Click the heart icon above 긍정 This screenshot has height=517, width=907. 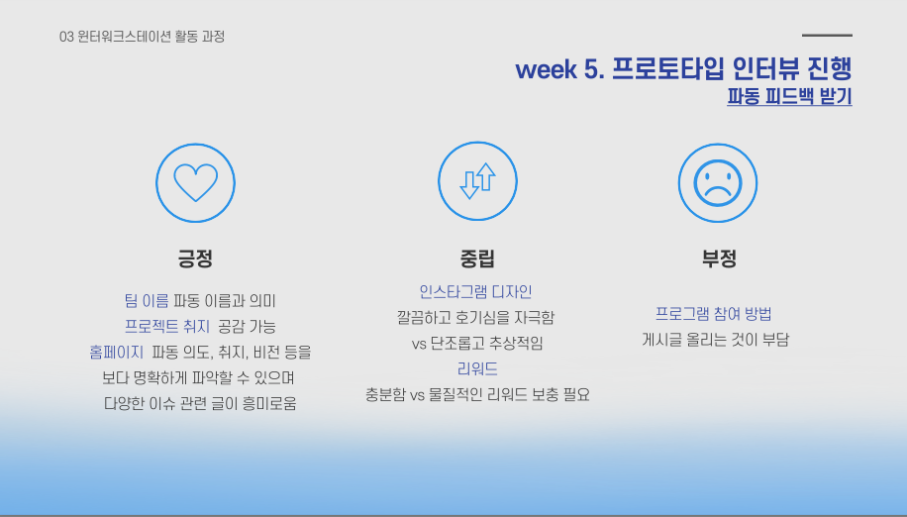pyautogui.click(x=195, y=182)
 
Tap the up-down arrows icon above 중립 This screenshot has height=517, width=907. pyautogui.click(x=477, y=181)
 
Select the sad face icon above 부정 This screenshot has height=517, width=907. pyautogui.click(x=718, y=182)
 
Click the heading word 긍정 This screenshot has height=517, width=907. pyautogui.click(x=195, y=259)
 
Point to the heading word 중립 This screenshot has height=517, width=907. pyautogui.click(x=477, y=259)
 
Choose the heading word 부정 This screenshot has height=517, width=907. pyautogui.click(x=719, y=259)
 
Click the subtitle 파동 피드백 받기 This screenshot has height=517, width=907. pyautogui.click(x=789, y=98)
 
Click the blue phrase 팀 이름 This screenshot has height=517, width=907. pyautogui.click(x=147, y=300)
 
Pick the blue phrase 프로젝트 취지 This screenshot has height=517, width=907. pyautogui.click(x=166, y=326)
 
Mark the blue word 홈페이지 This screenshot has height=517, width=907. pyautogui.click(x=116, y=352)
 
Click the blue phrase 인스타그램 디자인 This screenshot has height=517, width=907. pyautogui.click(x=475, y=291)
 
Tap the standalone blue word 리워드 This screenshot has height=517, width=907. pyautogui.click(x=477, y=368)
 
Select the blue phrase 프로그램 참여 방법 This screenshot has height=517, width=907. pyautogui.click(x=713, y=314)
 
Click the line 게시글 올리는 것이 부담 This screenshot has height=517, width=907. pyautogui.click(x=716, y=340)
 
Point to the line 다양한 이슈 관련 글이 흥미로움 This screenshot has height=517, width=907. pyautogui.click(x=200, y=403)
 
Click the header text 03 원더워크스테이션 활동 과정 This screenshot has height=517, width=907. pyautogui.click(x=142, y=37)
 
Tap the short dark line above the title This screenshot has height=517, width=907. pyautogui.click(x=827, y=36)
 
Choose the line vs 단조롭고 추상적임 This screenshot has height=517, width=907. pyautogui.click(x=477, y=344)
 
